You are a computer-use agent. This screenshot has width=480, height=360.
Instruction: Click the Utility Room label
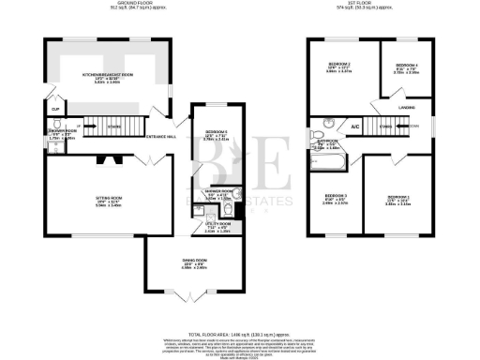(217, 225)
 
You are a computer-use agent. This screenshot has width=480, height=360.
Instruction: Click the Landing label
(406, 108)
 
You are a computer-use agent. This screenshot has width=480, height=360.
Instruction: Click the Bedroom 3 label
(335, 198)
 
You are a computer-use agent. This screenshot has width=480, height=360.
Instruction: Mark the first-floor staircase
(380, 126)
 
